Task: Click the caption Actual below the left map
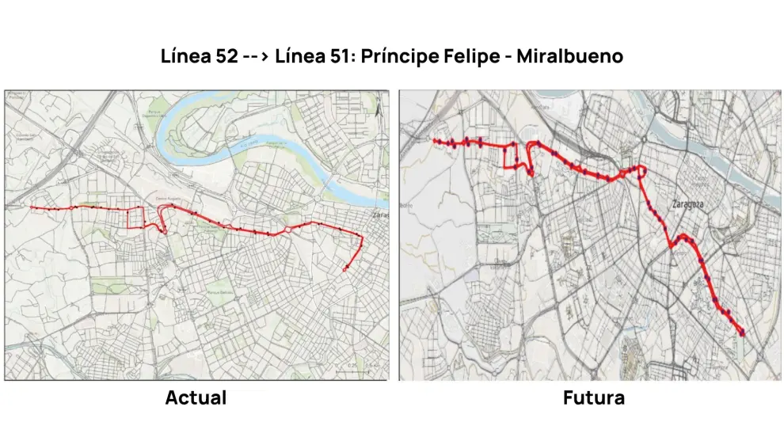tap(196, 397)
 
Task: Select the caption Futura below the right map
tap(593, 397)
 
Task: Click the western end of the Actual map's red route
tap(32, 207)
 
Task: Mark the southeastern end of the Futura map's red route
tap(742, 333)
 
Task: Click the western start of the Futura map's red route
tap(434, 141)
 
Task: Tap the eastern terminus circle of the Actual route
tap(345, 270)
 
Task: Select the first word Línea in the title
tap(179, 57)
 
